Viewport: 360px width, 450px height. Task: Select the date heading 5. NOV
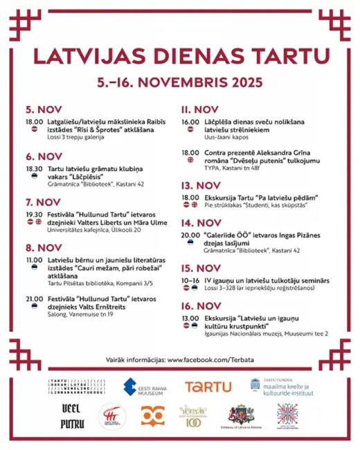click(44, 109)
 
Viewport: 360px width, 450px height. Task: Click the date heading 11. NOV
click(200, 109)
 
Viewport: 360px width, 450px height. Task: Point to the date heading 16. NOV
click(201, 305)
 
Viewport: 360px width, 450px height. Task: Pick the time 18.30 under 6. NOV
click(34, 169)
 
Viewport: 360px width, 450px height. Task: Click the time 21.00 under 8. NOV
click(34, 298)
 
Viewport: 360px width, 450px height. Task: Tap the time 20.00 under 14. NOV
click(190, 235)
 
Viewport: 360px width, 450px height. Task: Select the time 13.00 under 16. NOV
click(190, 318)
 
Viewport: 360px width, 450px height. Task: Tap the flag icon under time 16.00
click(190, 130)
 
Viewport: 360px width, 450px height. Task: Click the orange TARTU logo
click(208, 387)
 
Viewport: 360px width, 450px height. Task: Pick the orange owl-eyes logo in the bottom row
click(152, 415)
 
